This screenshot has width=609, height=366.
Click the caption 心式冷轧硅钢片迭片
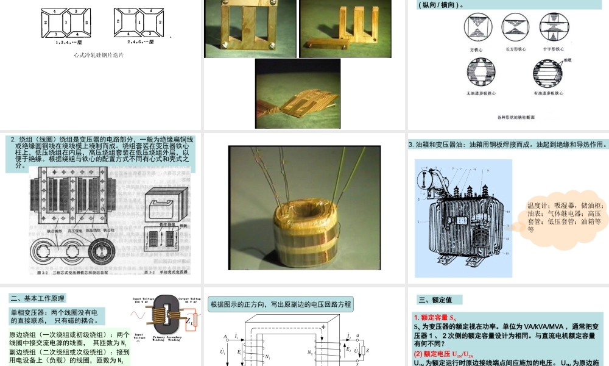(x=97, y=55)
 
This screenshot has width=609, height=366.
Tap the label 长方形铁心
(x=515, y=49)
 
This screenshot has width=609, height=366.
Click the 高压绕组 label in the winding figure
(x=75, y=231)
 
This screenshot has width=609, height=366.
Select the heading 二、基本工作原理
(x=38, y=298)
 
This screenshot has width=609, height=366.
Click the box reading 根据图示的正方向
(x=280, y=304)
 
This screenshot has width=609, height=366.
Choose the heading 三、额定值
(x=439, y=300)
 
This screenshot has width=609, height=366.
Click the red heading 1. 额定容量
(x=435, y=317)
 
